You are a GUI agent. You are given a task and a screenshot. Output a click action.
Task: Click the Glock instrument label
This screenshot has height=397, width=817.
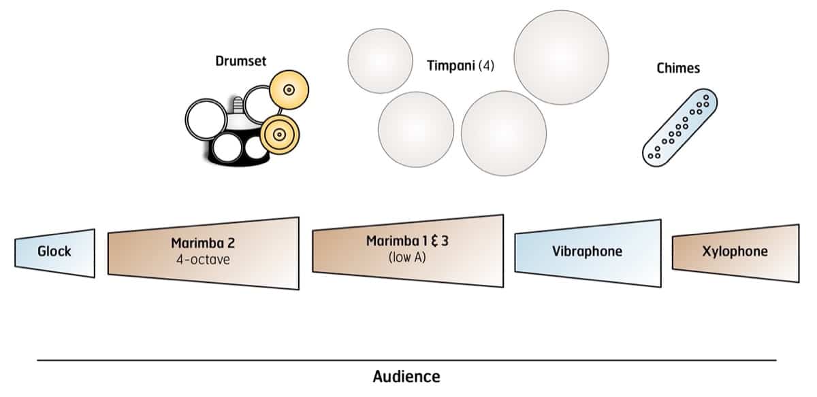[x=54, y=252]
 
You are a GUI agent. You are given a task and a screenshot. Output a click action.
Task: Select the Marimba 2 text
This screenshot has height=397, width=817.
[x=203, y=243]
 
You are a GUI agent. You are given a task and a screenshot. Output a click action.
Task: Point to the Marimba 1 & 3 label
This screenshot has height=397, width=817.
[x=407, y=241]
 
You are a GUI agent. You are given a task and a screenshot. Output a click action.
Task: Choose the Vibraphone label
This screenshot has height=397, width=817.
[x=587, y=252]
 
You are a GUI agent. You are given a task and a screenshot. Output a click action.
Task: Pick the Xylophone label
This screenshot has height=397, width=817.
[x=735, y=252]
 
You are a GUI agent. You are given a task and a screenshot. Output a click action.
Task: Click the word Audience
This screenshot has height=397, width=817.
[x=406, y=376]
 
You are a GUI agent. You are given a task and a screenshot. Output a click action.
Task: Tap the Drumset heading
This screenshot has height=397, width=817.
[x=241, y=62]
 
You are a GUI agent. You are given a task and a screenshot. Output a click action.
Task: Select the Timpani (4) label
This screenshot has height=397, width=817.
[x=460, y=66]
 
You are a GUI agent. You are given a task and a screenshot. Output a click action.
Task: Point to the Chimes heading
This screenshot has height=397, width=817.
[x=678, y=68]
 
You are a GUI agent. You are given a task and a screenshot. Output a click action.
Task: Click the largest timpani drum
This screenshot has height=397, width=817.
[x=561, y=58]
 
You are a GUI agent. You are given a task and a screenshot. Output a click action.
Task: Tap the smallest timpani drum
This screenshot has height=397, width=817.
[x=380, y=61]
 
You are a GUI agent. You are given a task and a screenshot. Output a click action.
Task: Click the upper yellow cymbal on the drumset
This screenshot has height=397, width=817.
[x=289, y=89]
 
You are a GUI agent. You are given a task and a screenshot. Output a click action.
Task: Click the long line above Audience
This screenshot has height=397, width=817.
[x=406, y=360]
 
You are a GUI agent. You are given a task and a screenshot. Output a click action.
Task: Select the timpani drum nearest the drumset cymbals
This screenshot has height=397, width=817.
[x=415, y=129]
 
